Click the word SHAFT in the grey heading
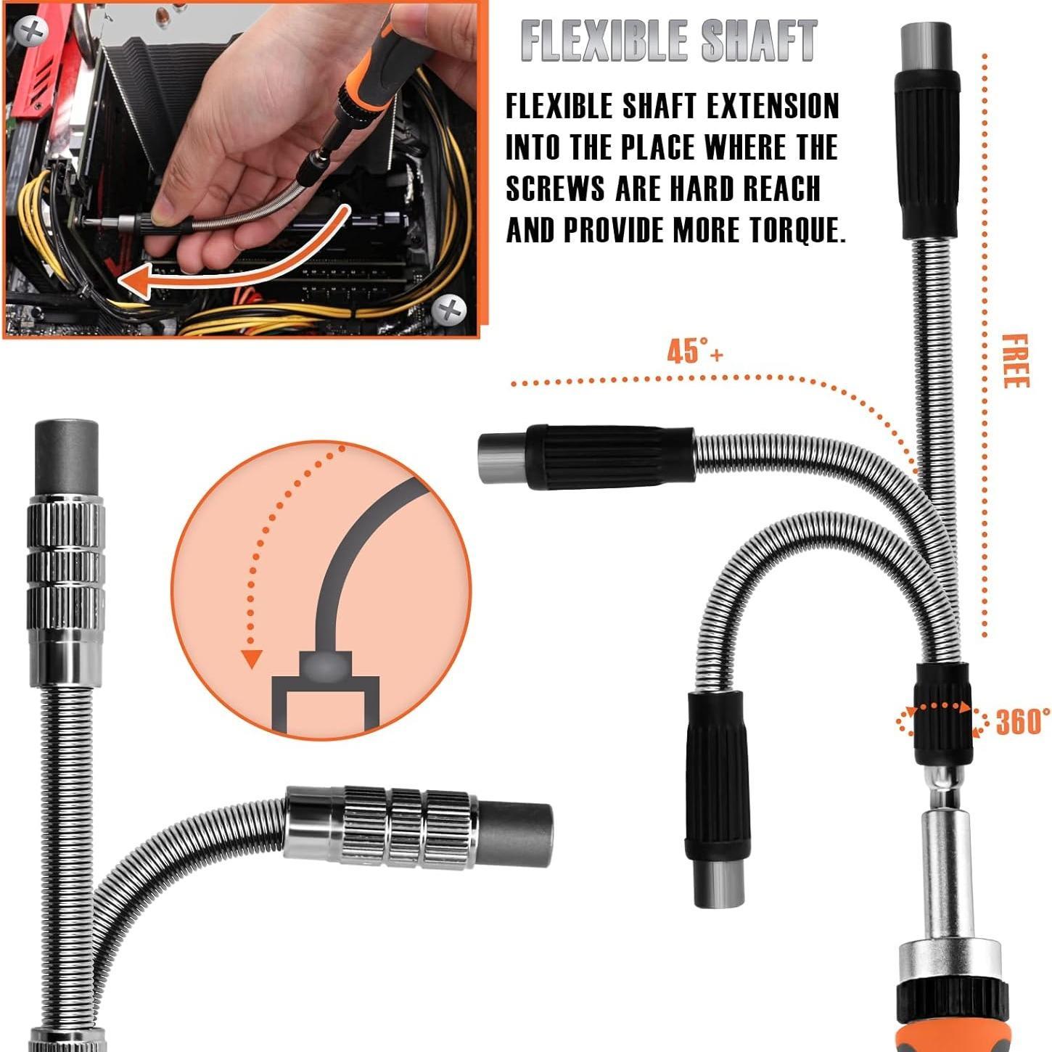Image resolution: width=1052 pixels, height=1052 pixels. coord(758,41)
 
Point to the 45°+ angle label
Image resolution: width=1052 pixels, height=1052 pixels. coord(694,352)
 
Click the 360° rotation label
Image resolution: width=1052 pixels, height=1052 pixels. coord(1022,722)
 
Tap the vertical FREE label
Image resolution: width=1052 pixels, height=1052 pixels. coord(1015,361)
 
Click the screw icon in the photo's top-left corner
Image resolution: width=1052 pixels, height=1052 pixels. coord(31,30)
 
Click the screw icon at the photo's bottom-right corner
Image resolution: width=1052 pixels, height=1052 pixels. coord(450,311)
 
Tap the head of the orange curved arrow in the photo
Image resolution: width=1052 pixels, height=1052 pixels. coord(136,279)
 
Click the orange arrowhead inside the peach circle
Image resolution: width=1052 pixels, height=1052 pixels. coord(251,659)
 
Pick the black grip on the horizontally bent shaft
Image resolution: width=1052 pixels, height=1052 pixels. coord(611,457)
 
